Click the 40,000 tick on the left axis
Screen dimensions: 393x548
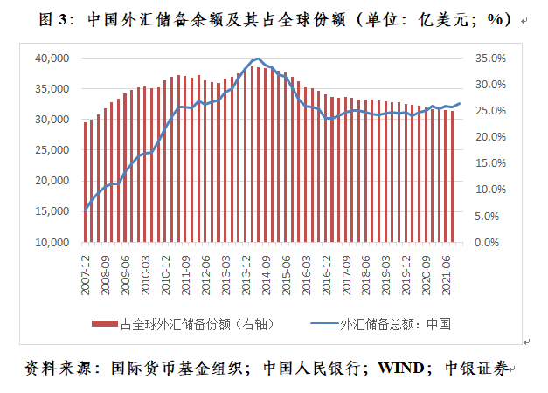[52, 58]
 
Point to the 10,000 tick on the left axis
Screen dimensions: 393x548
[52, 242]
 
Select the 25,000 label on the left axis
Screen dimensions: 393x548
[52, 150]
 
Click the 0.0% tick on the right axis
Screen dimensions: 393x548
[491, 242]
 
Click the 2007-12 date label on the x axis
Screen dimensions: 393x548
[86, 272]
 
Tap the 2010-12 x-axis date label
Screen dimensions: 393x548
[167, 272]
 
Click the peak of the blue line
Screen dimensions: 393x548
[256, 59]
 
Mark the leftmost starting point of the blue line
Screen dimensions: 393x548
[86, 210]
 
